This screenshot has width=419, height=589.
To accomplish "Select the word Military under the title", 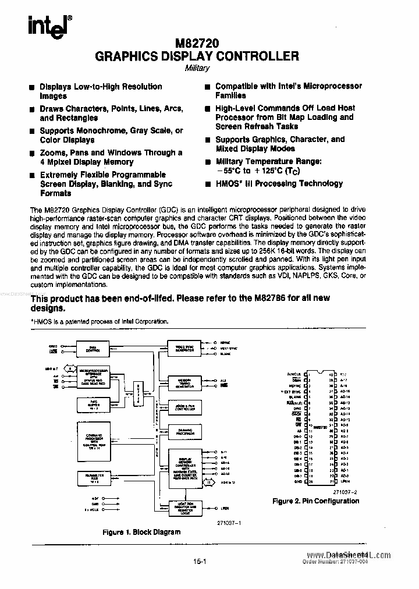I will click(197, 68).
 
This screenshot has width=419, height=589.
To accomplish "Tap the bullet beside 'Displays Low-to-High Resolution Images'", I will click(33, 87).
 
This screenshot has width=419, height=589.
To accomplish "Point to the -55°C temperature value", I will click(228, 171).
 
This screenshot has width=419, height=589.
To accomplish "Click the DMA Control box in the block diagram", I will click(95, 349).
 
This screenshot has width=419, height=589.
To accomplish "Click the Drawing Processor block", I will click(184, 431).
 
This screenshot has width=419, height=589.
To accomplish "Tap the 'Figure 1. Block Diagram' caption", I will click(141, 532).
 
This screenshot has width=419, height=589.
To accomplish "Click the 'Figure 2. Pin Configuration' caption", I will click(316, 501).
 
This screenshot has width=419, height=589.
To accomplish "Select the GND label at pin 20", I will click(297, 482).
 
